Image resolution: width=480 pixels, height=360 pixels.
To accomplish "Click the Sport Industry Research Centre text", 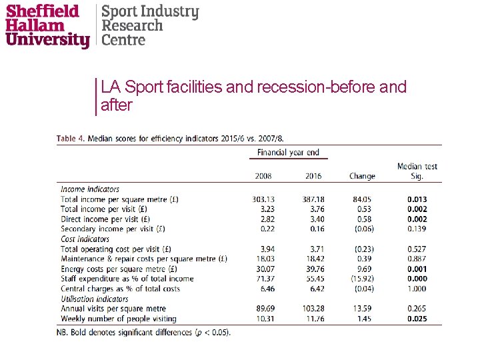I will pos(149,25).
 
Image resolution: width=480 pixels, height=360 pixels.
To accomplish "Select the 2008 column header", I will pos(264,176).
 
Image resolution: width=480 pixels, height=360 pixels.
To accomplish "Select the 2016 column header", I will pos(313,176).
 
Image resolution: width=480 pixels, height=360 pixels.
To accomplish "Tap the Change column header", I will pos(362,176).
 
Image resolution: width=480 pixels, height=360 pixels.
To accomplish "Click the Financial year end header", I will pos(288,153).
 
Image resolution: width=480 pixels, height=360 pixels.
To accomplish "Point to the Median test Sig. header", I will pos(417,171).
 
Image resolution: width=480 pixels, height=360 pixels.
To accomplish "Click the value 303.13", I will pos(263,199).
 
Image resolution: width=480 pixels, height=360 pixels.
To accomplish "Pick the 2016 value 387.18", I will pos(312,199).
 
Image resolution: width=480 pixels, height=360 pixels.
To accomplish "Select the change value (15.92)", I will pos(362,279).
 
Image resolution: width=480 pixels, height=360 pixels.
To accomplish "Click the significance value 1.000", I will pos(417,289).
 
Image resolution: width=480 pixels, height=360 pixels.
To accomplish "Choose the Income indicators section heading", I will pos(90,189).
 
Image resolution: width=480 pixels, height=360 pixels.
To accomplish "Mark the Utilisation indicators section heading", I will pos(94,299).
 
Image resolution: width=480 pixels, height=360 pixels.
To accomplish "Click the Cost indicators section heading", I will pos(85,239).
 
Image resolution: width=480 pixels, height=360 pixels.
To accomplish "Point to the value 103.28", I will pos(312,309).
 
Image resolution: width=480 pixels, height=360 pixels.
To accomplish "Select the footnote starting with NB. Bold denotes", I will pos(143,332).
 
